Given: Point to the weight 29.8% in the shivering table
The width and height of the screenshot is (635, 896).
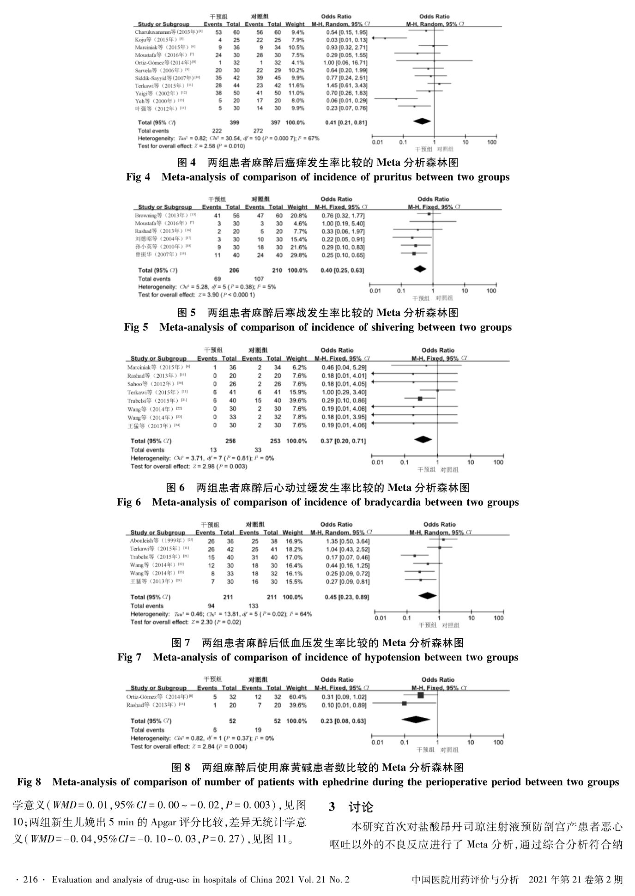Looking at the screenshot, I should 297,255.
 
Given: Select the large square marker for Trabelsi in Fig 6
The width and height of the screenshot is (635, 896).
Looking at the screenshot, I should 420,399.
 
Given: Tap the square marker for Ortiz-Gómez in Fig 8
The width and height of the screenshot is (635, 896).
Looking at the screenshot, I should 420,695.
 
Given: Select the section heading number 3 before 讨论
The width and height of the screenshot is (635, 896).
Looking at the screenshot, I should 332,807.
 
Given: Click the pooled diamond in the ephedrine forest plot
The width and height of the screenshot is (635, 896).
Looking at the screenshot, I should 416,719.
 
